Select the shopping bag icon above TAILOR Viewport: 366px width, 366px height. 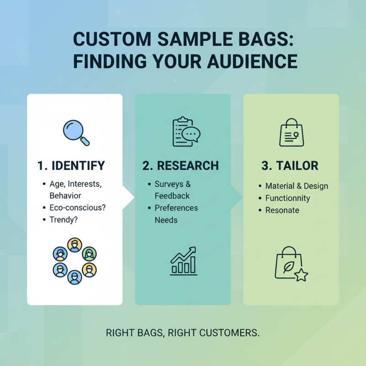point(291,133)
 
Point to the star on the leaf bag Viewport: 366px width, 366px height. point(301,276)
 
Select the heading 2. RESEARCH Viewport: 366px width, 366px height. point(181,165)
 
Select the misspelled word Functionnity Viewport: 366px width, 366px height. point(288,198)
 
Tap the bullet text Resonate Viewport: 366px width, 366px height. point(282,210)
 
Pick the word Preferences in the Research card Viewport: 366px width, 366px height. point(176,208)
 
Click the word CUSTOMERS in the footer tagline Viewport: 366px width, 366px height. point(227,333)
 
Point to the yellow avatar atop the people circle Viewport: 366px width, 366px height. point(74,244)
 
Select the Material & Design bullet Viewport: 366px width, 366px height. point(296,186)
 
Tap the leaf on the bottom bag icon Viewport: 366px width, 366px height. point(289,267)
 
